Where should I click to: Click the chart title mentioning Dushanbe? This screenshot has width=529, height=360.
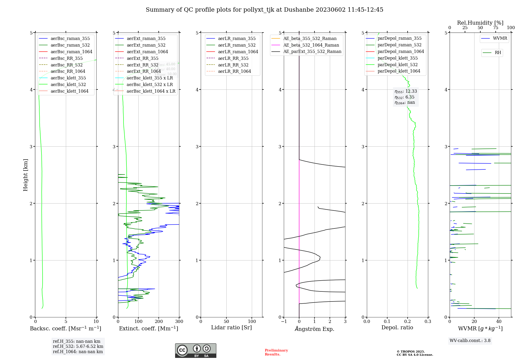point(264,10)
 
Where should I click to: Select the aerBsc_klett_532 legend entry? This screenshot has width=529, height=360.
point(68,84)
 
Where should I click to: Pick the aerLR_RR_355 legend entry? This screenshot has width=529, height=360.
point(233,58)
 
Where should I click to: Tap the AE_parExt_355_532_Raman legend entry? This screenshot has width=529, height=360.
point(312,51)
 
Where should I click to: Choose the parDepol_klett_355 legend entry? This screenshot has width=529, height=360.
point(398,58)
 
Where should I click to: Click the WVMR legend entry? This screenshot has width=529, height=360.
point(500,38)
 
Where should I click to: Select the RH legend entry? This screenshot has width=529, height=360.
point(498,53)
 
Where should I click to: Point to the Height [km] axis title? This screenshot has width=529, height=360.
point(25,175)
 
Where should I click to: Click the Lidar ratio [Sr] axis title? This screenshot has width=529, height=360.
point(231,327)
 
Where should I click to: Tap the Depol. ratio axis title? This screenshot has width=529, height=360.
point(397,327)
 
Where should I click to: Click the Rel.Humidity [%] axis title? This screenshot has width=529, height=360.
point(480,23)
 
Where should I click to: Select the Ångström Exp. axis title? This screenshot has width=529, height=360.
point(314,329)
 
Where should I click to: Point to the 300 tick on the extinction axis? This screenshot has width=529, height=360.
point(179,322)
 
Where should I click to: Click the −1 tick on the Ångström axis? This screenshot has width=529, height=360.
point(284,322)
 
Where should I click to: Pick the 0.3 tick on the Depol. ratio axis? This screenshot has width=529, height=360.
point(428,322)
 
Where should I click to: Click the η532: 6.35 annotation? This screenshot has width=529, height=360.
point(404,97)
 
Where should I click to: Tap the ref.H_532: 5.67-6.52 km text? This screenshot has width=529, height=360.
point(78,346)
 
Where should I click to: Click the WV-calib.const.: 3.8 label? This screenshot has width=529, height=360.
point(470,341)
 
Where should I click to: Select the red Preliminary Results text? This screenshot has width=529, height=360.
point(276,352)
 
